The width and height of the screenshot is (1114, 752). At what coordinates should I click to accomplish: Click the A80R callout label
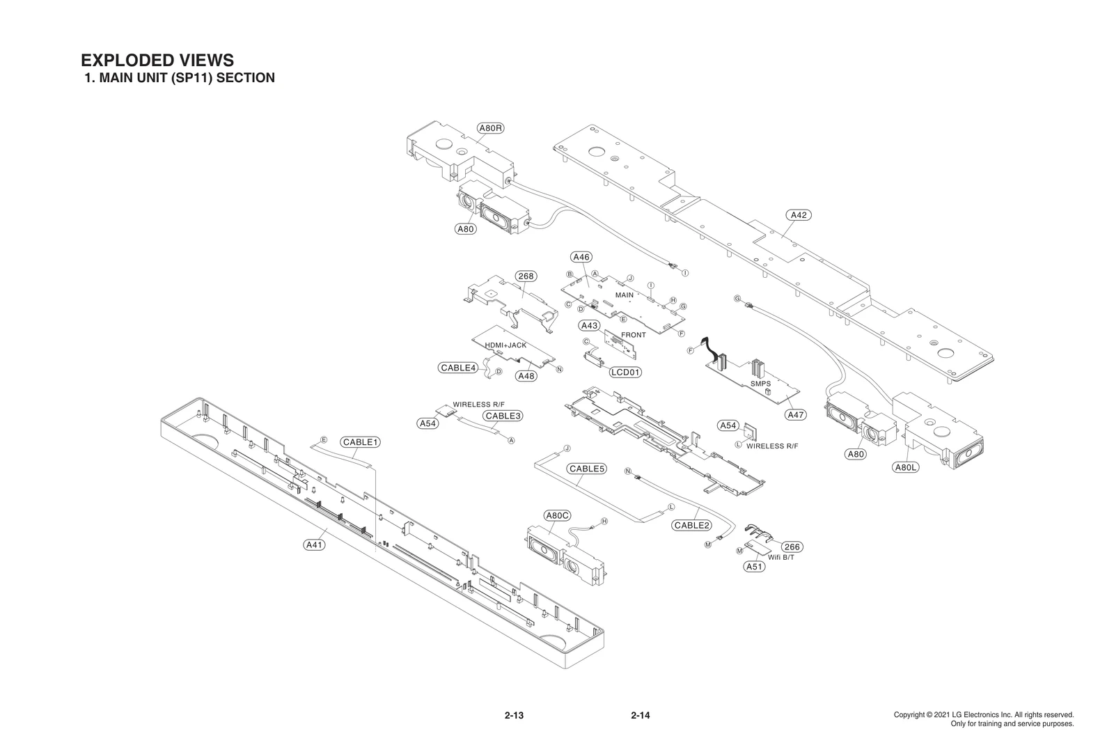491,128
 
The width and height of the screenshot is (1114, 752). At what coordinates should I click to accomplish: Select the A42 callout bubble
799,215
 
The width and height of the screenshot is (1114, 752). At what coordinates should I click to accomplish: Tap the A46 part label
581,257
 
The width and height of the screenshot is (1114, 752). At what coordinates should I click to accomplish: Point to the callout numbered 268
526,276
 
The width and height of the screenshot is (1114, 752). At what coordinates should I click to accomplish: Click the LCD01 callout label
625,372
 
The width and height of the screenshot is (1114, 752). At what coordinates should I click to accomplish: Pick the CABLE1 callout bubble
361,442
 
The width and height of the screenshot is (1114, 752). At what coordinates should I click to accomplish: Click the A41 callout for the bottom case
315,545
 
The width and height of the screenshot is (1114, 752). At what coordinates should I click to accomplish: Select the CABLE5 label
586,469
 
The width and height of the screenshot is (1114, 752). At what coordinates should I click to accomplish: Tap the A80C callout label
557,515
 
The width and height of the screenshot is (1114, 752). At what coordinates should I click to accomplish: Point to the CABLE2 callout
691,525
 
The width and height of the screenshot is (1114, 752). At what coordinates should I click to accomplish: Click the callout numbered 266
792,547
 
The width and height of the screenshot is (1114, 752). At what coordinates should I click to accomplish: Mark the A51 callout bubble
754,567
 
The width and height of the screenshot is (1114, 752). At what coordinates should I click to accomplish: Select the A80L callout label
905,467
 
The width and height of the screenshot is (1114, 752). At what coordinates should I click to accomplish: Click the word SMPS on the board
761,383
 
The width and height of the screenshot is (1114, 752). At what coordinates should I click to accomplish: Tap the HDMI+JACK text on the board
505,345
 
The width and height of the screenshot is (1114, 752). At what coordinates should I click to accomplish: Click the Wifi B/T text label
780,558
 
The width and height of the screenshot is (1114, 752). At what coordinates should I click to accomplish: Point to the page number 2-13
514,715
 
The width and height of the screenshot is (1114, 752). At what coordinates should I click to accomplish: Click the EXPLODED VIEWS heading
157,61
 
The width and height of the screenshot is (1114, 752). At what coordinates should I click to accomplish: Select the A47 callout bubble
795,415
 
